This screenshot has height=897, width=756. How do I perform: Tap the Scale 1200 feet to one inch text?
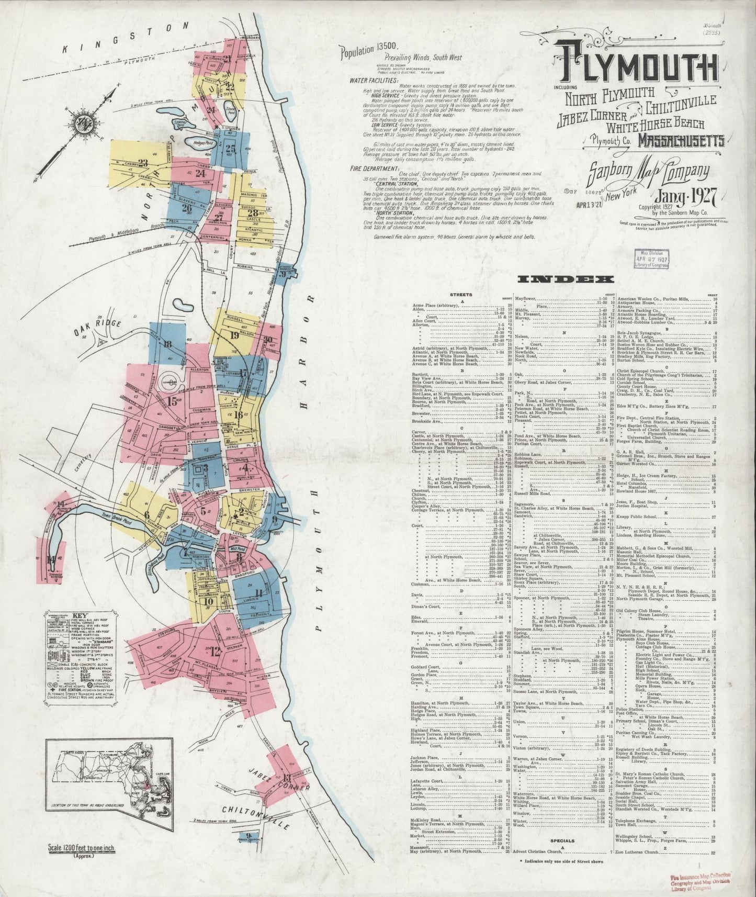click(x=82, y=848)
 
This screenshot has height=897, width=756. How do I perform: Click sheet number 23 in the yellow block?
click(x=142, y=162)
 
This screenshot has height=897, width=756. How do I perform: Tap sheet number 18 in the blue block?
click(x=167, y=344)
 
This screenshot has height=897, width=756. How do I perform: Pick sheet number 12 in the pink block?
click(x=215, y=652)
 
